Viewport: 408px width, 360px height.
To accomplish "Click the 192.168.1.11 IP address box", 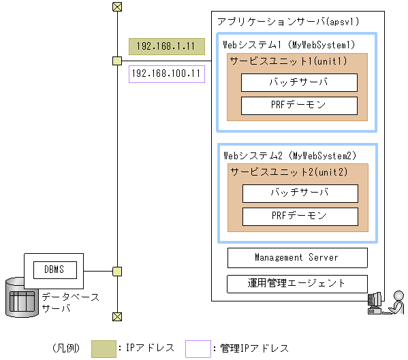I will click(x=167, y=46).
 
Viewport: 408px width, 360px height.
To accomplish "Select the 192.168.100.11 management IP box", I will click(x=167, y=73).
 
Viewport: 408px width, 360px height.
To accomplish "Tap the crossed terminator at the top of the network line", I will click(x=117, y=7).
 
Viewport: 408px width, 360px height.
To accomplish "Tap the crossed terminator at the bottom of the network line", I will click(x=117, y=316).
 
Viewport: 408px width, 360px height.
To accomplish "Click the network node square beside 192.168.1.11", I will click(x=117, y=61).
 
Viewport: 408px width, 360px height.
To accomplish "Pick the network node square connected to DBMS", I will click(x=117, y=272).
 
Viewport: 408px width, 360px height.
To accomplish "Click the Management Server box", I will click(x=297, y=257).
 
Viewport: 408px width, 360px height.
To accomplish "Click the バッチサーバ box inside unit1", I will click(x=299, y=82).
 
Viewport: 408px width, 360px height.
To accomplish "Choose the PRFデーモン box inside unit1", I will click(x=299, y=105).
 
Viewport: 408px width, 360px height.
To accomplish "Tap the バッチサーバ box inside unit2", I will click(x=300, y=193).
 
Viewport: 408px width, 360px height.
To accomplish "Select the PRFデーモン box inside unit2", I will click(x=300, y=216).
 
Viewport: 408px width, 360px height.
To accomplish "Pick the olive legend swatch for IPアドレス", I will click(x=104, y=348).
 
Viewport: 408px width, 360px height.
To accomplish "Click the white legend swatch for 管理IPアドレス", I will click(x=198, y=348).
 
